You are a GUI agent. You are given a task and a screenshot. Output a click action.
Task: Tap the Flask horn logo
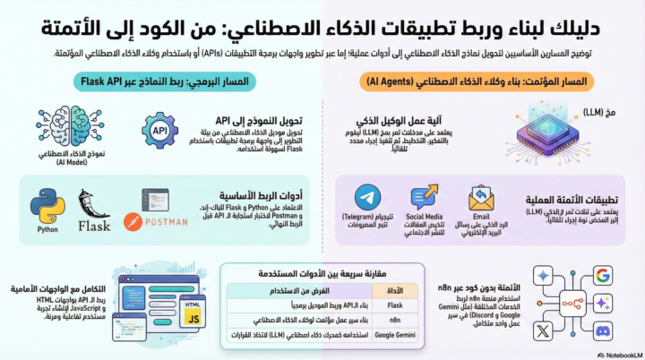(94, 205)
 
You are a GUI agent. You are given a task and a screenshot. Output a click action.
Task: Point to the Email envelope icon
(481, 198)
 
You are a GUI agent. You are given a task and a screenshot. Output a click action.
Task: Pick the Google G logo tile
(601, 274)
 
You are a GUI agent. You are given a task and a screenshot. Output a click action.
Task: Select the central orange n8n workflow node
(570, 303)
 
